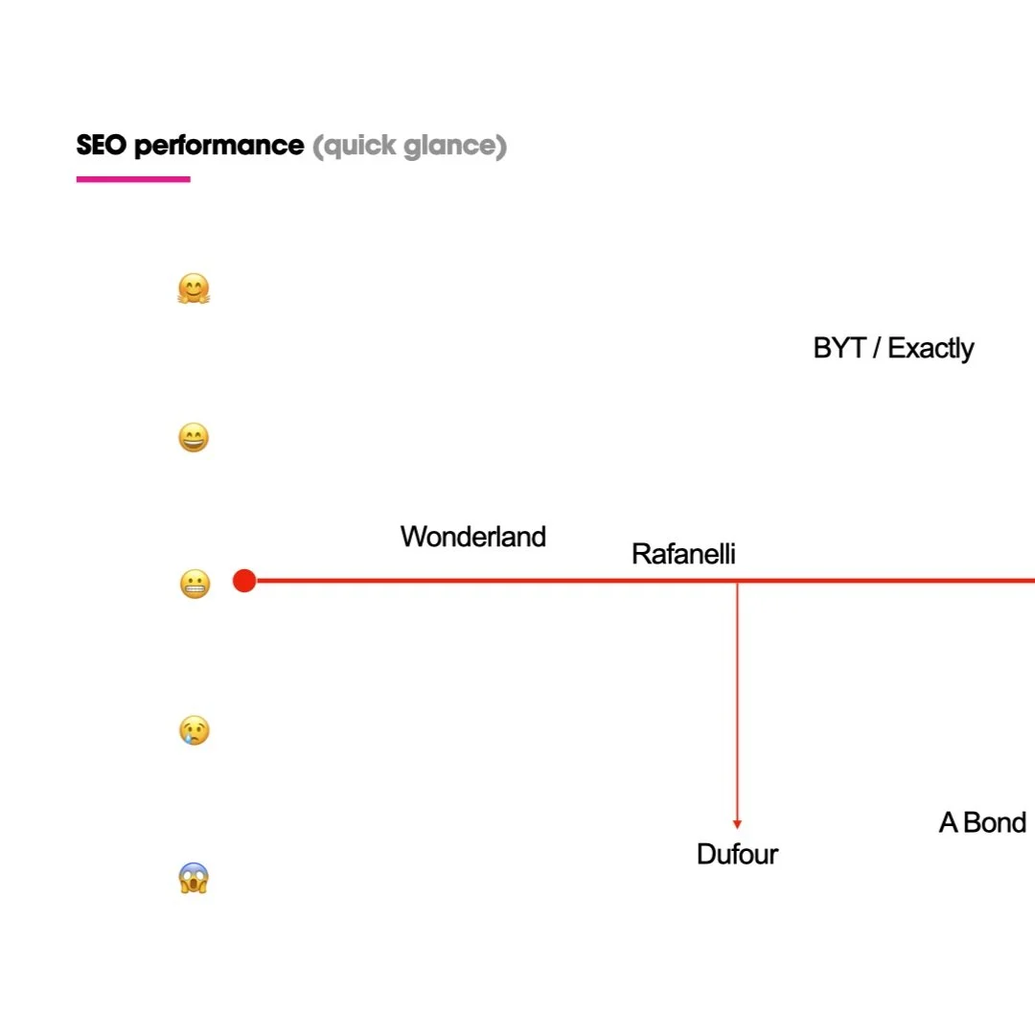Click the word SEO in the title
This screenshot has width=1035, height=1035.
tap(102, 146)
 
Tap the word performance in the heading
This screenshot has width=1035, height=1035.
tap(219, 147)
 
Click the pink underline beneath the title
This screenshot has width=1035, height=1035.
tap(133, 178)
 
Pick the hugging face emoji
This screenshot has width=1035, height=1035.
tap(194, 288)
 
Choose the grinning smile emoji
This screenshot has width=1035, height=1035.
tap(194, 438)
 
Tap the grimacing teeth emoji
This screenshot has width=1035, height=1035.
tap(195, 584)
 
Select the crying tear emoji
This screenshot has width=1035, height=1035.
tap(195, 730)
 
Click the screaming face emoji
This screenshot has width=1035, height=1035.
tap(194, 878)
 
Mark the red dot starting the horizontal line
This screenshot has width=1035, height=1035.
tap(244, 581)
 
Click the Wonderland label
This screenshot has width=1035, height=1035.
tap(473, 537)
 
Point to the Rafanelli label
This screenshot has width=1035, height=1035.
tap(683, 554)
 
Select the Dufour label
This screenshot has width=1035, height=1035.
tap(737, 854)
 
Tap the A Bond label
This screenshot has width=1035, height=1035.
tap(982, 822)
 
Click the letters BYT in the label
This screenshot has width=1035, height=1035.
tap(839, 348)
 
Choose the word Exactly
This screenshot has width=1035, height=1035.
tap(931, 349)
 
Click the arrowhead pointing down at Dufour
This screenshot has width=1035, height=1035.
tap(737, 823)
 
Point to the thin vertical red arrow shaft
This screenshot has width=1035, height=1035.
tap(737, 700)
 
